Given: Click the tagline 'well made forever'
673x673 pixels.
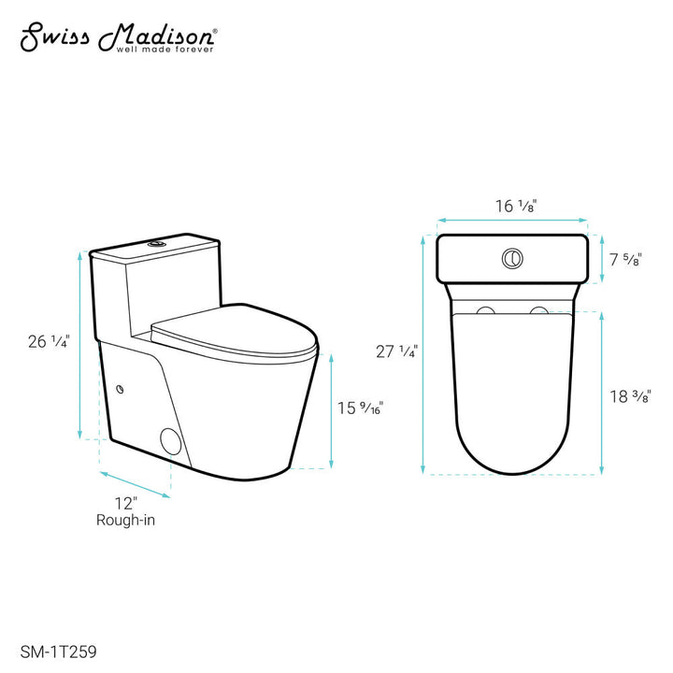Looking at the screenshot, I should pyautogui.click(x=164, y=49).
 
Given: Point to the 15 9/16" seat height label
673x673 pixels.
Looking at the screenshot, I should pyautogui.click(x=361, y=408).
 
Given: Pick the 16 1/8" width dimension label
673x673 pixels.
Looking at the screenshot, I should pyautogui.click(x=512, y=207).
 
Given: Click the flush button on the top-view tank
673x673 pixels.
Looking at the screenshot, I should pyautogui.click(x=512, y=259).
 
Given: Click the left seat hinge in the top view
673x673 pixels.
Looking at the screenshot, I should pyautogui.click(x=485, y=310).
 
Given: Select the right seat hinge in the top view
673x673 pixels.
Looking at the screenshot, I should pyautogui.click(x=537, y=310).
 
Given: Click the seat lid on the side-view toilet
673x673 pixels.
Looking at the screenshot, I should pyautogui.click(x=234, y=332).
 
